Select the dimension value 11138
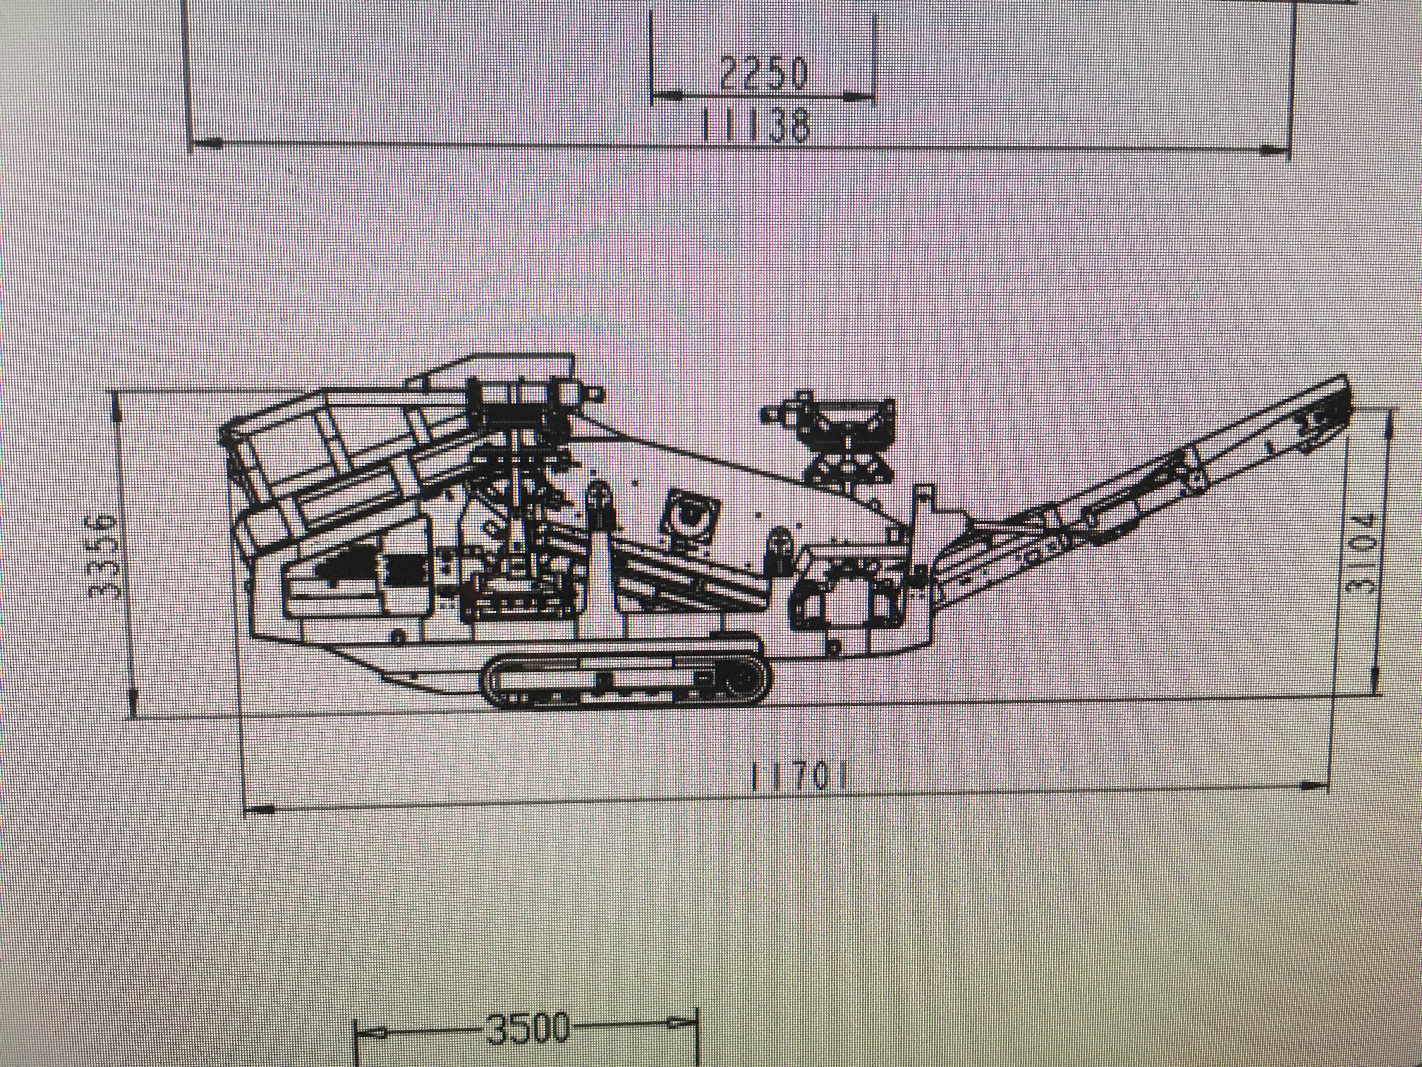pos(754,125)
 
